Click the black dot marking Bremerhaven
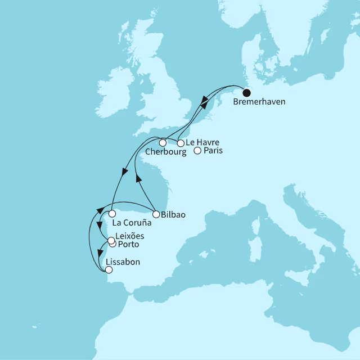coord(246,93)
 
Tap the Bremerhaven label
coord(258,103)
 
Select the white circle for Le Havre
coord(181,143)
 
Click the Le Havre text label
coord(203,142)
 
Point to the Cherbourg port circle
coord(162,143)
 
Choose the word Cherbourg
coord(165,152)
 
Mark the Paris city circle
coord(197,150)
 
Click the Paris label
coord(213,151)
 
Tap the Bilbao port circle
coord(156,214)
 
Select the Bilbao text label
coord(173,214)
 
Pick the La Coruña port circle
coord(112,214)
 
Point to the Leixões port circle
coord(111,240)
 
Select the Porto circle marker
coord(113,245)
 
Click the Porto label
coord(128,245)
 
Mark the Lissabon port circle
coord(109,270)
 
